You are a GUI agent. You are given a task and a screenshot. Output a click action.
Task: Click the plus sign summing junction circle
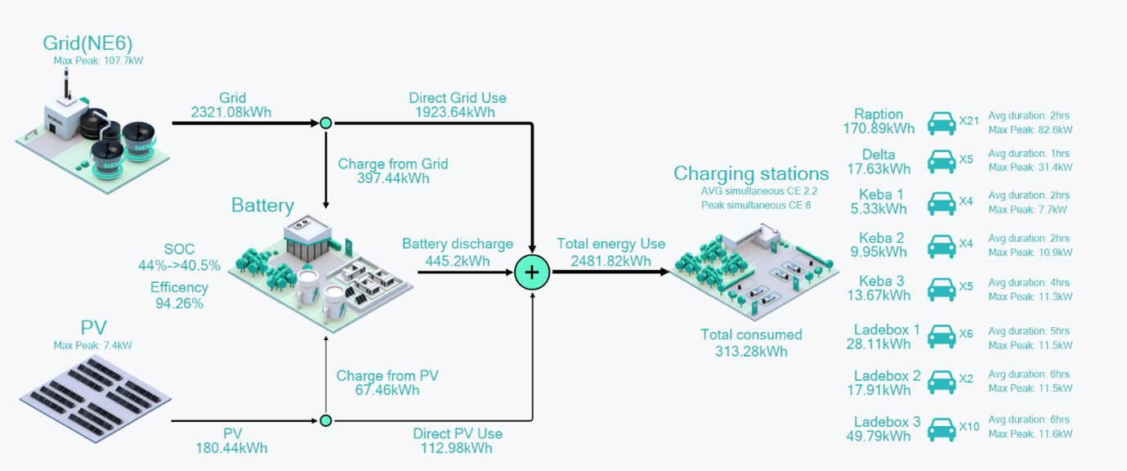click(532, 272)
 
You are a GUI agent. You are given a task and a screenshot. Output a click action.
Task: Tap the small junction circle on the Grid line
click(325, 123)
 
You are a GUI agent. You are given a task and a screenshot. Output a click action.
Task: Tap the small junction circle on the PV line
click(325, 420)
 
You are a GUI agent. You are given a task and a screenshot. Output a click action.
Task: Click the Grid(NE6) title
click(87, 43)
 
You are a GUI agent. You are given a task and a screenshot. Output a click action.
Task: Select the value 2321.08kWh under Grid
click(231, 112)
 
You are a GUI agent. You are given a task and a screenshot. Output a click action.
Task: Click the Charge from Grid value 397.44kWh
click(393, 178)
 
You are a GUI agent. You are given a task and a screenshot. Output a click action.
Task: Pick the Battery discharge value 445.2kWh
click(458, 260)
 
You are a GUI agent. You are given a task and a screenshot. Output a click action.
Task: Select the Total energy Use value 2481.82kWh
click(610, 260)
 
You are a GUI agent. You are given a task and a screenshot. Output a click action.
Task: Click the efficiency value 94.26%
click(179, 303)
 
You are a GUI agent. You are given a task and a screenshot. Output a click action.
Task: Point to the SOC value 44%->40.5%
click(179, 265)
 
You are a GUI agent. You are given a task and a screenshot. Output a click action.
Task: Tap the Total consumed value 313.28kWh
click(751, 352)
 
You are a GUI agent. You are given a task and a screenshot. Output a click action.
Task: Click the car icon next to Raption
click(941, 123)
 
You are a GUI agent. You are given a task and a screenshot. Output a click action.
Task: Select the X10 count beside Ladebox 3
click(968, 426)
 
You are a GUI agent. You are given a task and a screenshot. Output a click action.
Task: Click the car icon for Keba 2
click(941, 245)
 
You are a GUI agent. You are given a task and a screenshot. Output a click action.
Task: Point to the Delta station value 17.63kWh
click(878, 169)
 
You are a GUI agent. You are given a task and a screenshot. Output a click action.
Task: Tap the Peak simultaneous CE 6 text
click(755, 205)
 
